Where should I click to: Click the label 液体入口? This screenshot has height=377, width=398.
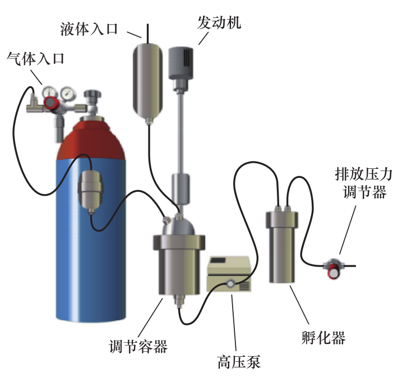click(x=89, y=29)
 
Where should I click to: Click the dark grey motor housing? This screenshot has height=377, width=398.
click(x=181, y=62)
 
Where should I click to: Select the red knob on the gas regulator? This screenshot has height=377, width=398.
click(x=52, y=102)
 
